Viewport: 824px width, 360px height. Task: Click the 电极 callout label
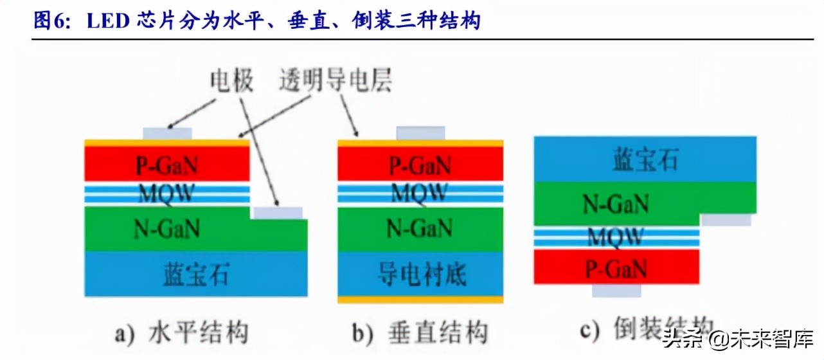231,82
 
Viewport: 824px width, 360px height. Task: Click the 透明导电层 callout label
336,82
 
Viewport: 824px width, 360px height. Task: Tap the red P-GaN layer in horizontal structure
166,165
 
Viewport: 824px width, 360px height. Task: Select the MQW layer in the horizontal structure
166,194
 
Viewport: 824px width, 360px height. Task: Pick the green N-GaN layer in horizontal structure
166,228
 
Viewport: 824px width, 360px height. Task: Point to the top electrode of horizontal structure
166,133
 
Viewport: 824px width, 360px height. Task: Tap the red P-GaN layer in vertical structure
420,165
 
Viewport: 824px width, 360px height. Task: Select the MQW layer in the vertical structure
420,194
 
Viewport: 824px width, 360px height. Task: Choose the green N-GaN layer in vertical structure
420,228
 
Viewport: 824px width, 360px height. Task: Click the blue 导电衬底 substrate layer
420,274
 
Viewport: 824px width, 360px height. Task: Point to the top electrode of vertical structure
420,132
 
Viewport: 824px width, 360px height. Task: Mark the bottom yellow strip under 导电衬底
420,300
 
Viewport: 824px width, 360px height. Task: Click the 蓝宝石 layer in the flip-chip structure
645,159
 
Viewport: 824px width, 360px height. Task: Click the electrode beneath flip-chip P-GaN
616,291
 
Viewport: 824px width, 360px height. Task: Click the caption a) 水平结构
181,333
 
